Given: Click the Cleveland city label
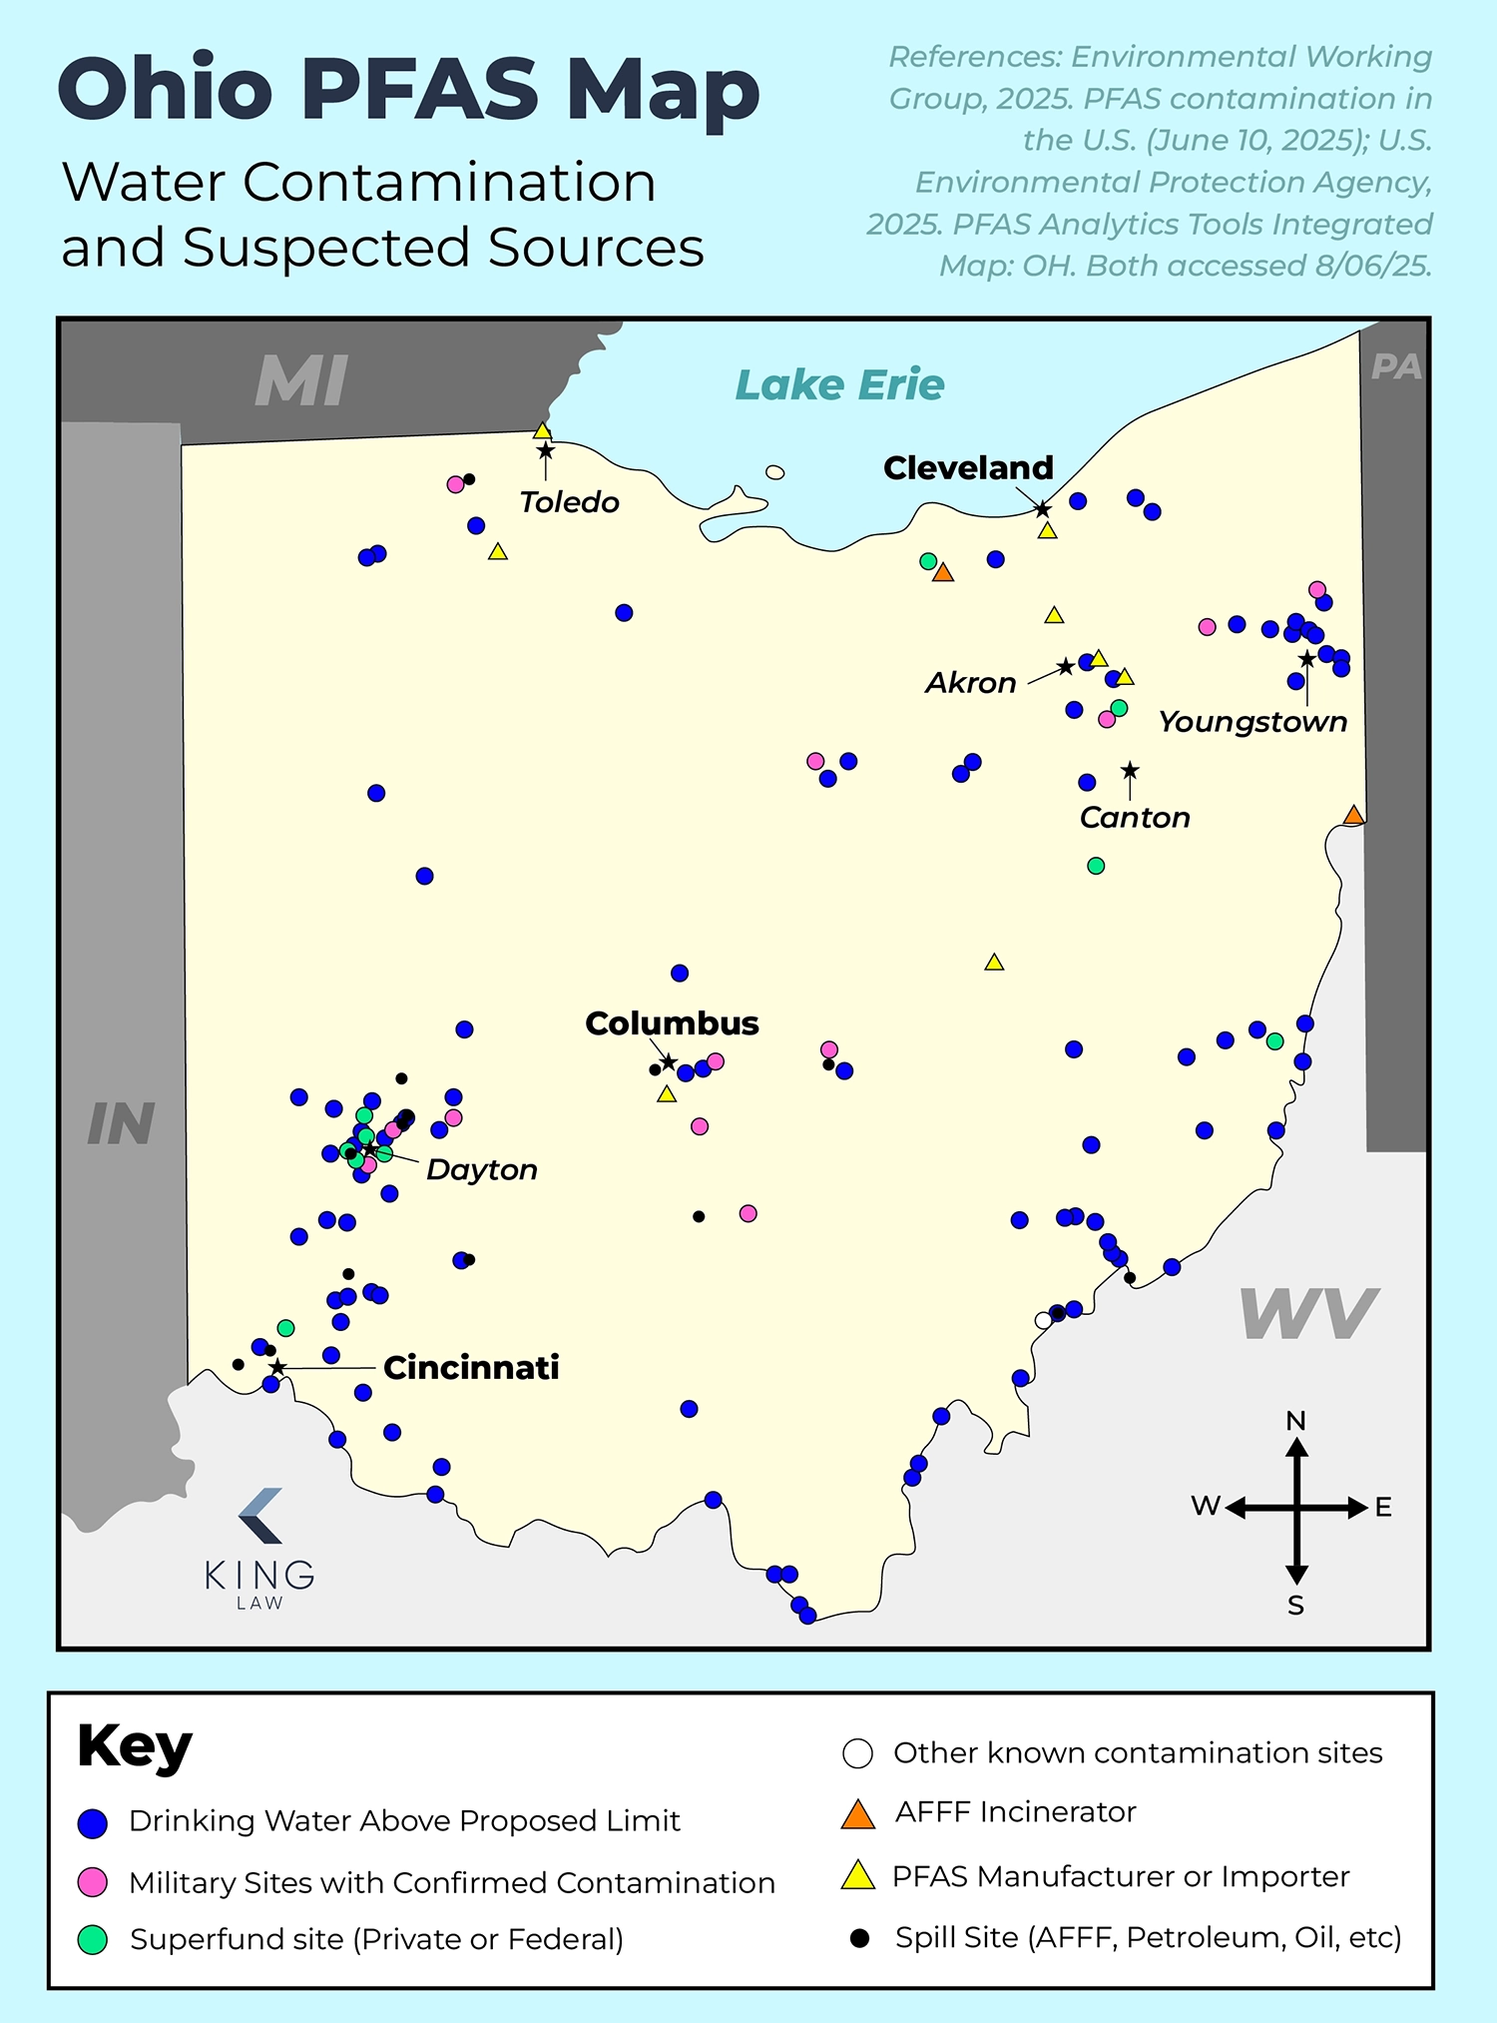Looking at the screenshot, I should pos(968,467).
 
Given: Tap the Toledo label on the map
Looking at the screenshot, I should pos(569,501).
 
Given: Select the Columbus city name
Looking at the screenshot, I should pos(672,1023).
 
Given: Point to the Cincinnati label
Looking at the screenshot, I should pos(471,1367).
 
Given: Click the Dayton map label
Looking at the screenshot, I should pos(482,1169).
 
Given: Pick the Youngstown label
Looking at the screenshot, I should pos(1252,721).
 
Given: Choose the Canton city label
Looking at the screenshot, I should pos(1135,818).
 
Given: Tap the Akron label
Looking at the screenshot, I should pos(970,683).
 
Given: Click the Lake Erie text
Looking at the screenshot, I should pos(839,384).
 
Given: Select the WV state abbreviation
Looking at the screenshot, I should pos(1307,1314).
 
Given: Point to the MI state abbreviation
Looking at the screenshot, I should pos(301,381).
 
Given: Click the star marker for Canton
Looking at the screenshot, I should pos(1130,771).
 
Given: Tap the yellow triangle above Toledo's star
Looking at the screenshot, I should pos(542,431).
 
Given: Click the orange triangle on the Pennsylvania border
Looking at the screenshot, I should pos(1353,816).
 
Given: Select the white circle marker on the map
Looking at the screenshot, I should pos(1044,1320).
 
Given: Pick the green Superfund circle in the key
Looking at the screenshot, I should pos(93,1939).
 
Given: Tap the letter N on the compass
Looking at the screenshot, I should pos(1295,1420).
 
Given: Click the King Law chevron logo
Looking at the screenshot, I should pos(261,1516).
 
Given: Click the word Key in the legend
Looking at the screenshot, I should pos(135,1747).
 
